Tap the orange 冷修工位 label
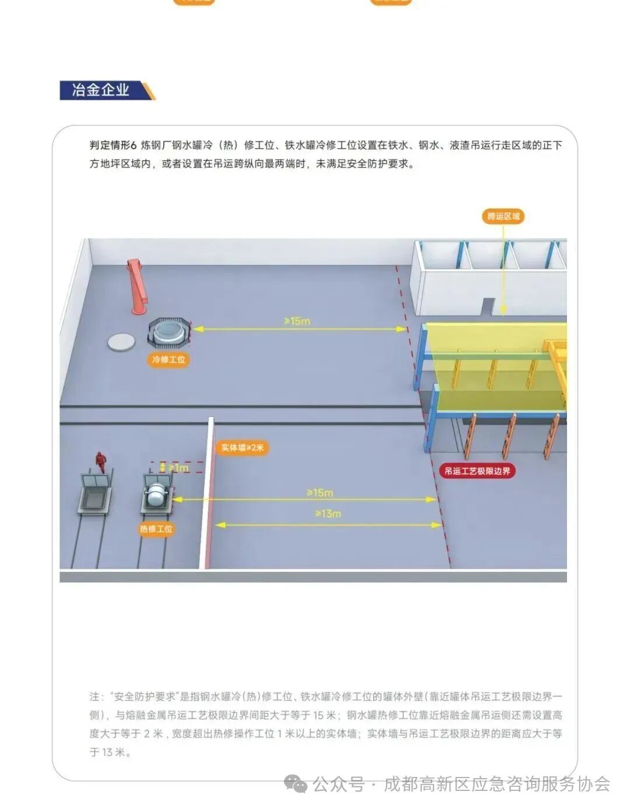[169, 359]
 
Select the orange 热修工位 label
[156, 529]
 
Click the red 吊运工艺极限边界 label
[477, 471]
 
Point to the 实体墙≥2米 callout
[242, 448]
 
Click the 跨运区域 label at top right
[503, 216]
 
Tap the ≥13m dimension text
[328, 513]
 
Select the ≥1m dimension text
[178, 467]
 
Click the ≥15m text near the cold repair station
[297, 321]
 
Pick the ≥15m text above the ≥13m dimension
[320, 492]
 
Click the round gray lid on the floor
[121, 342]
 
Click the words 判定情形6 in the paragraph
[113, 145]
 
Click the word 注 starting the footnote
[94, 696]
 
